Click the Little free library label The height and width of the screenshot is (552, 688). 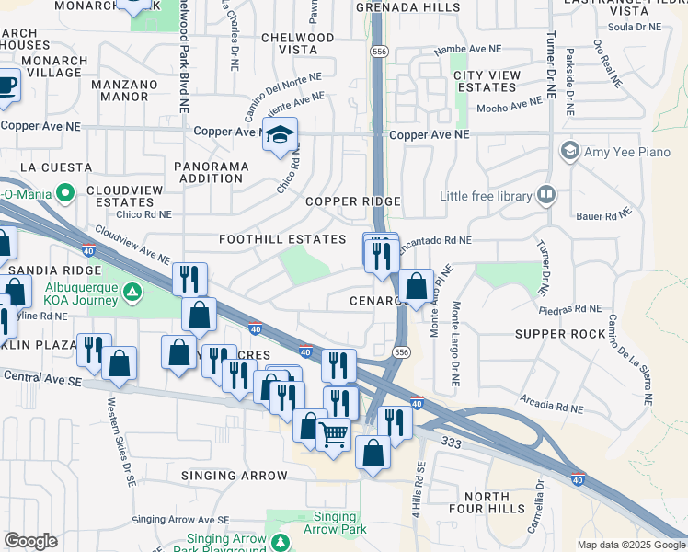click(x=487, y=196)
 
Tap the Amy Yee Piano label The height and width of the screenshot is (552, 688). click(x=627, y=151)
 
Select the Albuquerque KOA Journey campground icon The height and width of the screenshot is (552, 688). click(x=133, y=293)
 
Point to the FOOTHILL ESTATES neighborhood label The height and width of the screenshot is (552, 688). click(x=281, y=239)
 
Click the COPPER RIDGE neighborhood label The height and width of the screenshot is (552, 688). click(x=353, y=201)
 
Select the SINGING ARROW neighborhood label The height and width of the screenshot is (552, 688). click(x=235, y=476)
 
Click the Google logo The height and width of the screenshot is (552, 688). click(x=30, y=541)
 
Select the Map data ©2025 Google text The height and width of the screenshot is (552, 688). click(x=630, y=545)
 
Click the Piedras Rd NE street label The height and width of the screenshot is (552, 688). click(x=571, y=309)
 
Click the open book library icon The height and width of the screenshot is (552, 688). click(x=546, y=195)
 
